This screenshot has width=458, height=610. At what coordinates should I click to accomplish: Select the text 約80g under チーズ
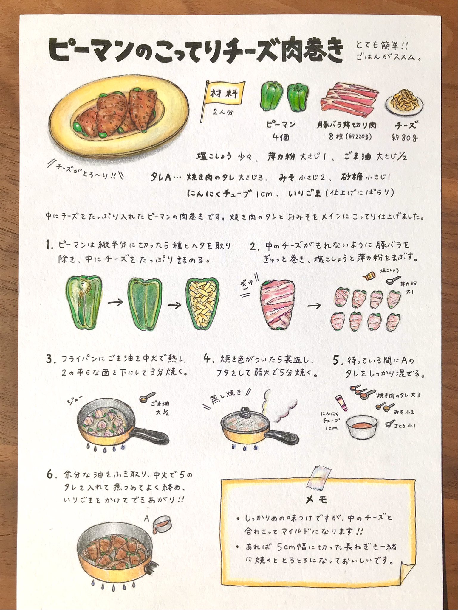point(404,138)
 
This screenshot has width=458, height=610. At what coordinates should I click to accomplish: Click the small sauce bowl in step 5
point(362,427)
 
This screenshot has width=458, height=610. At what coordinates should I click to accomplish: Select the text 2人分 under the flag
point(223,113)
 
